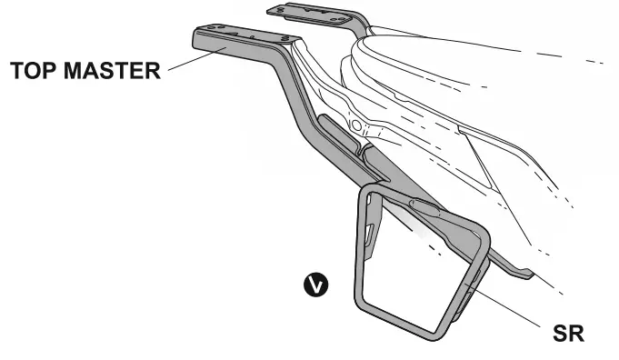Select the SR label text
pos(564,333)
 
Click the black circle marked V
pos(314,285)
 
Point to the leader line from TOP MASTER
pos(185,61)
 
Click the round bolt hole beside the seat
pos(356,123)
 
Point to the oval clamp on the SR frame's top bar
pos(424,207)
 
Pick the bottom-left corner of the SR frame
pos(361,305)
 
